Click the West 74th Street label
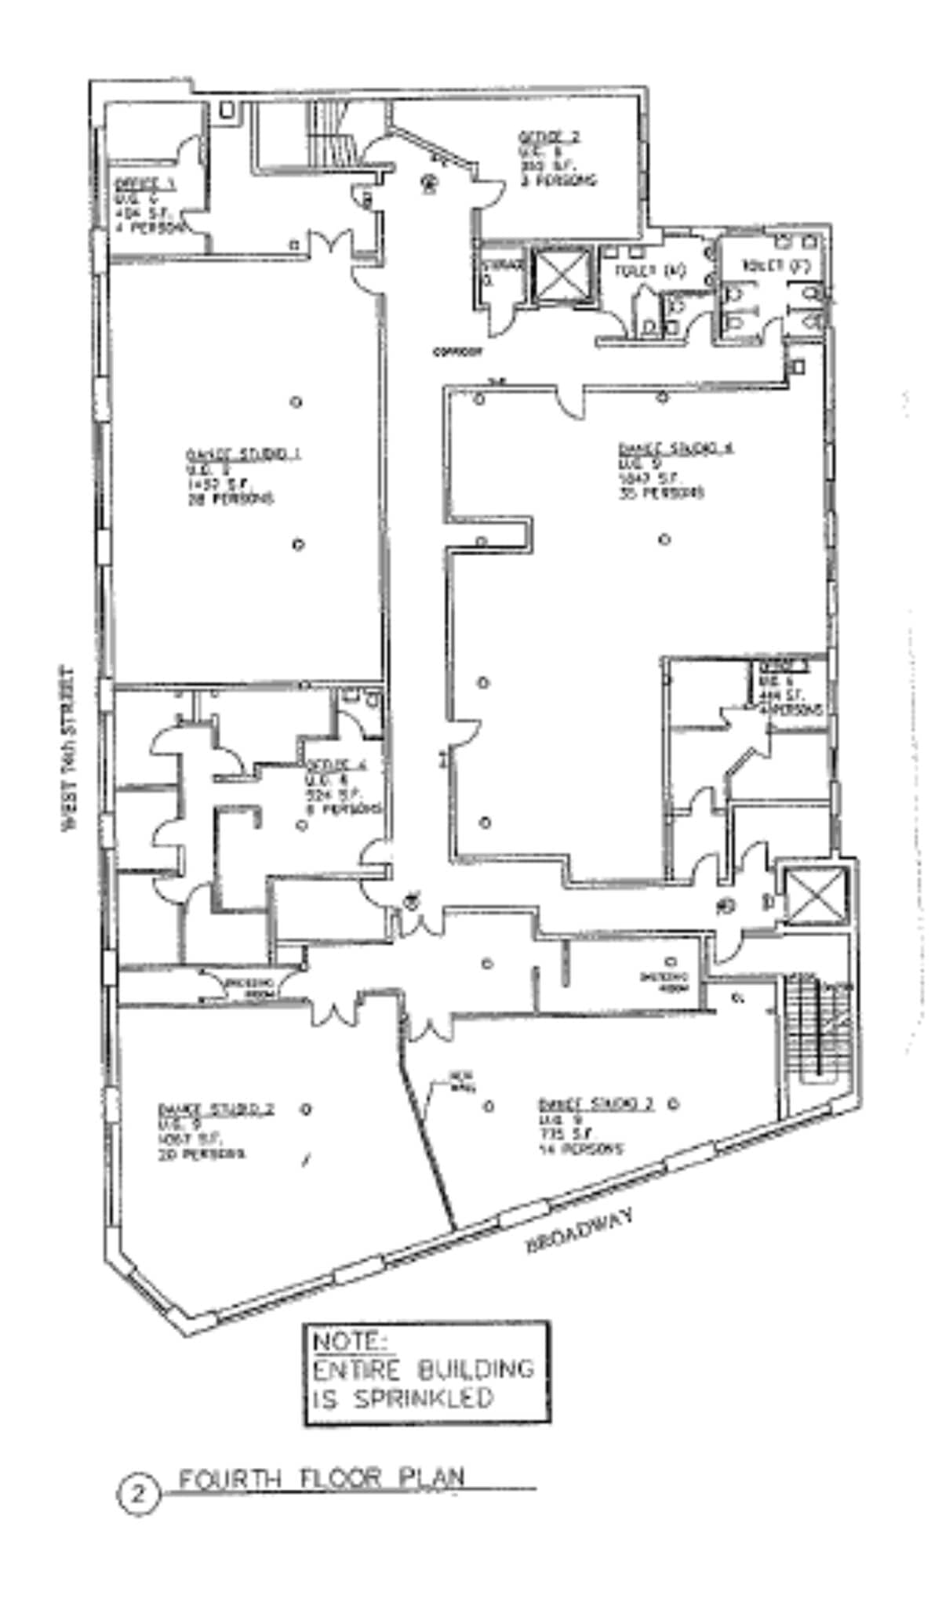click(69, 748)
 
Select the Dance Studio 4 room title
click(676, 449)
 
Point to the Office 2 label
click(549, 136)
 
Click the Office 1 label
click(144, 185)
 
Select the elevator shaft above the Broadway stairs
click(816, 896)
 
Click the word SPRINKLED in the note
click(424, 1397)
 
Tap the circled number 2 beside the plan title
click(138, 1495)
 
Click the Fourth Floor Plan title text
click(322, 1479)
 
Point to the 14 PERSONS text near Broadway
click(580, 1150)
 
